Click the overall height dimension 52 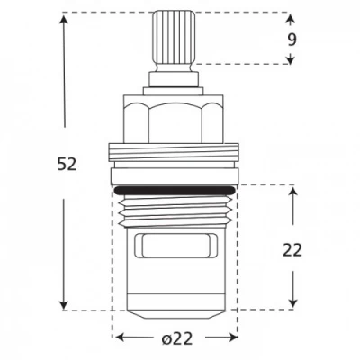66,164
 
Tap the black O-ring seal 175,188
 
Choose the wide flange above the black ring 175,155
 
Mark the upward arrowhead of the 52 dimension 66,18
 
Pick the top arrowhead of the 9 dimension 291,17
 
